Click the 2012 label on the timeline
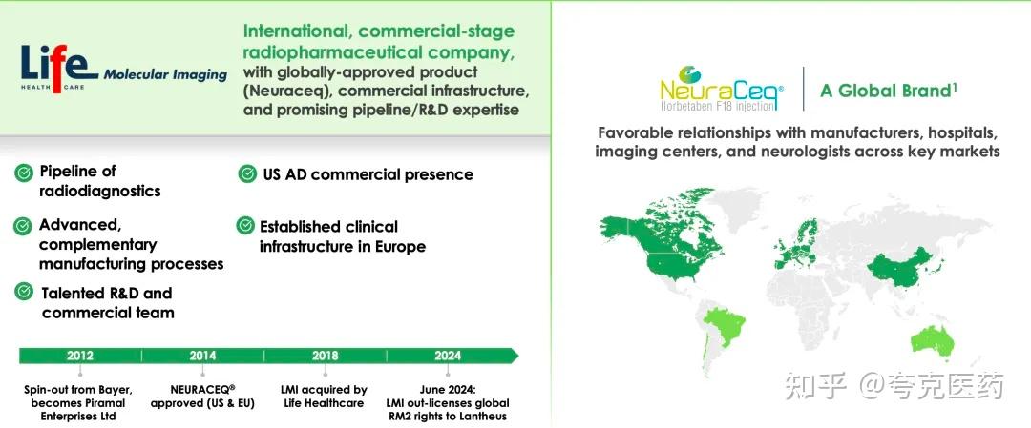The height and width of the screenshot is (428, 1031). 79,356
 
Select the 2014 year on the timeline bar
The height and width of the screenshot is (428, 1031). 202,356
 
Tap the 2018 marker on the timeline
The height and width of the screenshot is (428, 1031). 325,356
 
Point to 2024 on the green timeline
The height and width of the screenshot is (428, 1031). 447,356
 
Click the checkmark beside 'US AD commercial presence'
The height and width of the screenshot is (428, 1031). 247,173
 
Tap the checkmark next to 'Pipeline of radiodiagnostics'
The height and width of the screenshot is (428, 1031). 24,173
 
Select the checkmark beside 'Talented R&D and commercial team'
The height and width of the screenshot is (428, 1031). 24,292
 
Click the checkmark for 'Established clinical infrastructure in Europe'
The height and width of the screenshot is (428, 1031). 245,225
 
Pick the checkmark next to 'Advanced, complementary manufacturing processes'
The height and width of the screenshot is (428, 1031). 22,226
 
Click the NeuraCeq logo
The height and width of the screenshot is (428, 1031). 722,88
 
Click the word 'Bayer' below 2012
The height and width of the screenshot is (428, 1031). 112,389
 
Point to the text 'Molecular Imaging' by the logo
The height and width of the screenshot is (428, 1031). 165,75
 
